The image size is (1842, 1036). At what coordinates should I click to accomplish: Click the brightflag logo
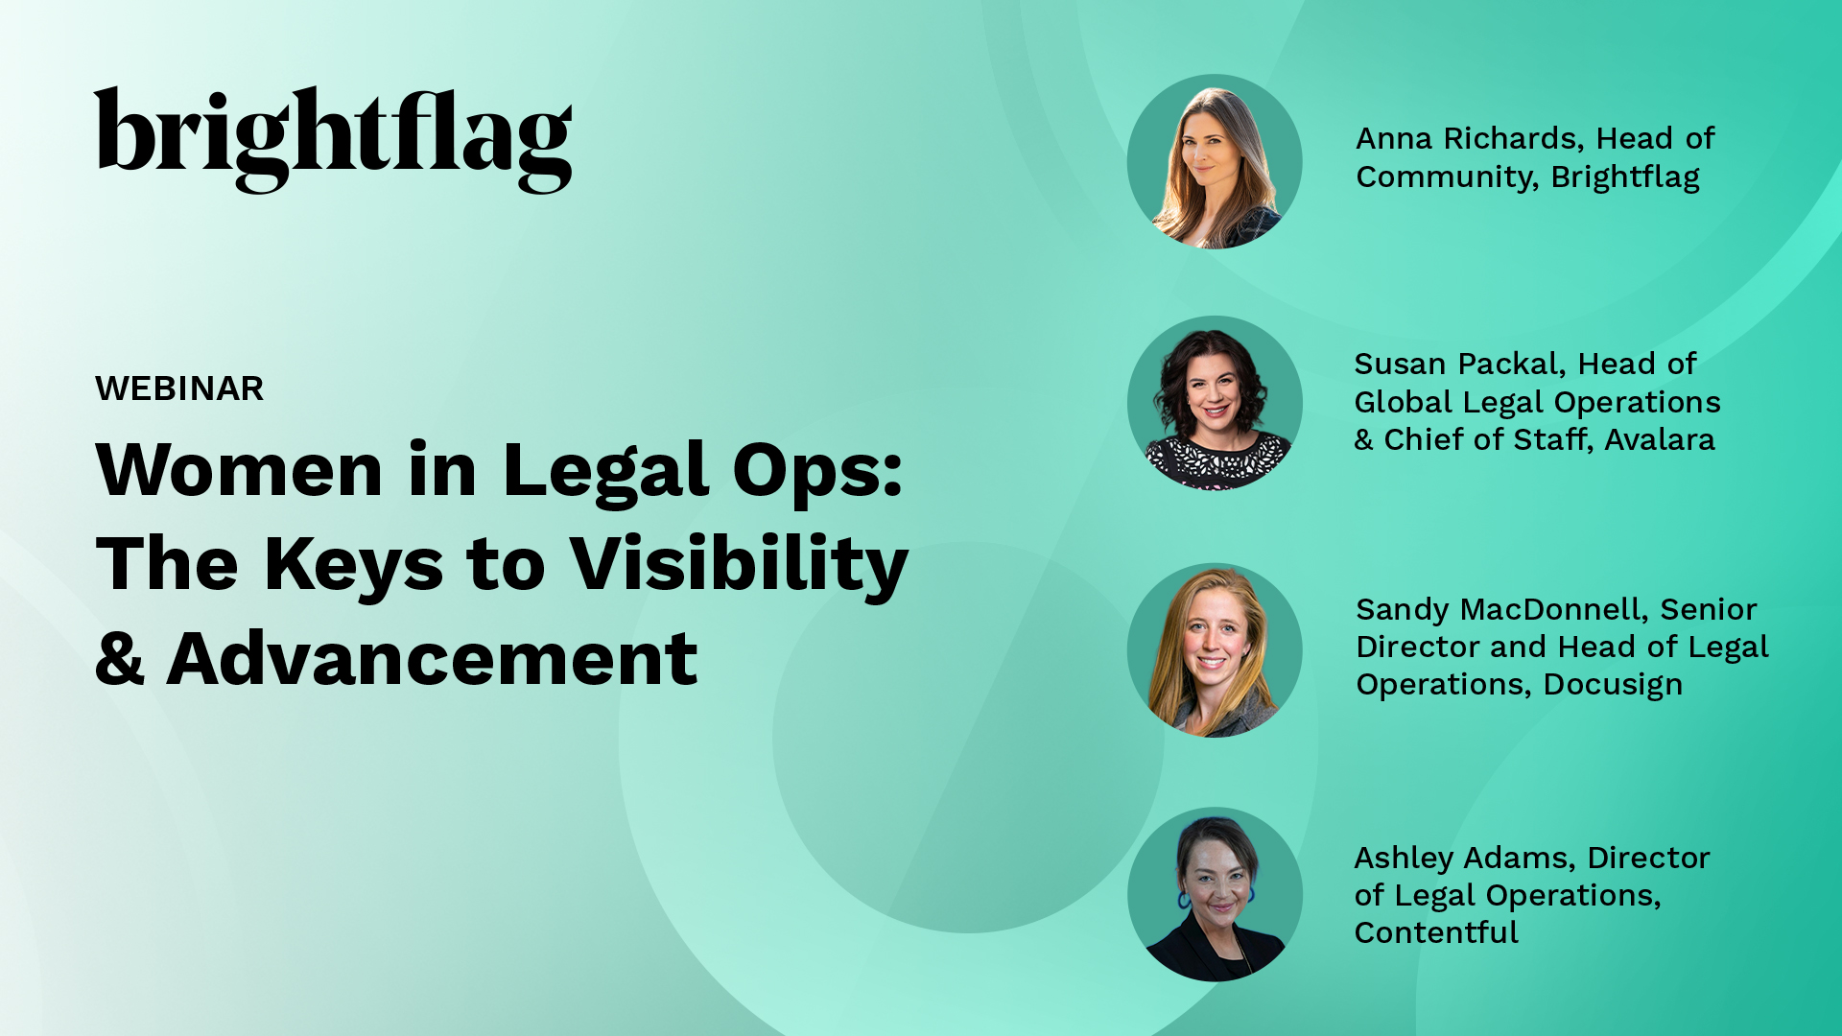click(x=333, y=140)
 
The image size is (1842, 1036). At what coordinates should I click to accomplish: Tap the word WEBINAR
click(x=179, y=388)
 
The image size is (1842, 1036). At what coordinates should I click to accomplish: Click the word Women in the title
click(x=240, y=470)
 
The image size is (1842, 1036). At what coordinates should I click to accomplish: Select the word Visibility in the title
click(x=739, y=566)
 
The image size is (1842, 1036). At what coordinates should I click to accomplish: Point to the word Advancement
click(x=432, y=659)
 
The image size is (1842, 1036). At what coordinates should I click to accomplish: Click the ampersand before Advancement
click(x=120, y=659)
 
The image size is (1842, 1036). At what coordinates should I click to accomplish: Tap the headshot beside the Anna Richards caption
click(x=1215, y=161)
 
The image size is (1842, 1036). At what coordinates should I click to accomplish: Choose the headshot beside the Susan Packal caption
click(x=1215, y=403)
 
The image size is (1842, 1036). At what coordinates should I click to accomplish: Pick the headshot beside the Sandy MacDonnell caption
click(x=1215, y=650)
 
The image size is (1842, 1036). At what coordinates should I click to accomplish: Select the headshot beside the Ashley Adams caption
click(x=1215, y=894)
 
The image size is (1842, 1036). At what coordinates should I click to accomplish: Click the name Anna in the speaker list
click(x=1394, y=139)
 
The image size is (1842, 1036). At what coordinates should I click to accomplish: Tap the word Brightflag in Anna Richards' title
click(x=1625, y=177)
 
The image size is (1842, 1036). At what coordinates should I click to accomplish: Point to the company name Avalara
click(x=1660, y=440)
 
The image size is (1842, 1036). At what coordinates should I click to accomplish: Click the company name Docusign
click(x=1613, y=685)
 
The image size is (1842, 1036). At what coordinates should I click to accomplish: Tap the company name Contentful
click(x=1436, y=932)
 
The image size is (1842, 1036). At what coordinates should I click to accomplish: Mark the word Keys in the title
click(x=354, y=566)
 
